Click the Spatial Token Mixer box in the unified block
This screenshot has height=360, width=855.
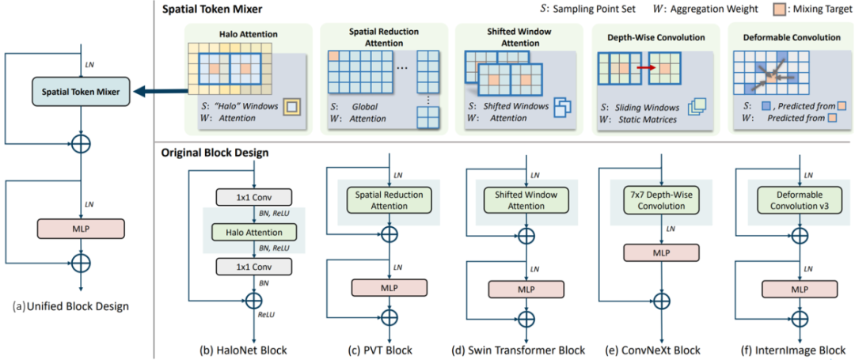pos(81,91)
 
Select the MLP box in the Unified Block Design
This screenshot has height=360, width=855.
pos(81,229)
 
